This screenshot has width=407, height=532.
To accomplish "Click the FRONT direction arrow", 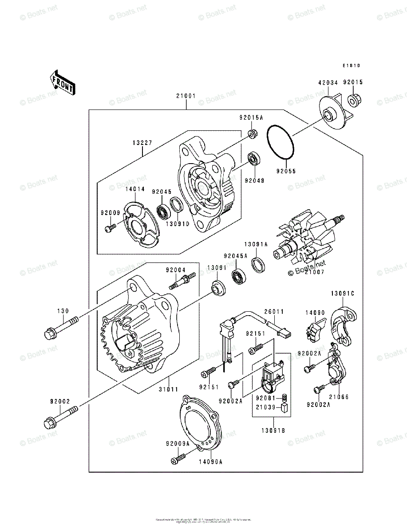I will point(61,82).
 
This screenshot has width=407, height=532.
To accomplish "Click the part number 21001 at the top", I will point(186,96).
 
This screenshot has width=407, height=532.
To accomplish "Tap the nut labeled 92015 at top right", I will point(354,100).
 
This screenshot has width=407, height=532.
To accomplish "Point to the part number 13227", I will point(142,142).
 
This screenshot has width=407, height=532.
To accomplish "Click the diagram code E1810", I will point(351,66).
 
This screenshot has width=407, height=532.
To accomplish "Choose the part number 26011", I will point(274,312).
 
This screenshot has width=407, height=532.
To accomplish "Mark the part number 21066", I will point(339,397).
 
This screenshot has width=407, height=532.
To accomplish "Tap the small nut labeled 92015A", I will point(251,133).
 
